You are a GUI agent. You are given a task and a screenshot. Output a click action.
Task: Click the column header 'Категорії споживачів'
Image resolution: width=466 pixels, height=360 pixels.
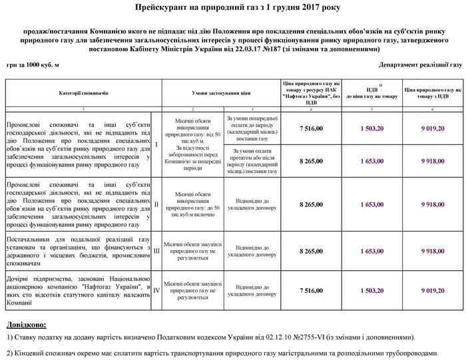pyautogui.click(x=83, y=94)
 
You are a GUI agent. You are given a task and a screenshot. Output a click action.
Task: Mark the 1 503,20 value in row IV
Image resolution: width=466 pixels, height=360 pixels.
pyautogui.click(x=372, y=291)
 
